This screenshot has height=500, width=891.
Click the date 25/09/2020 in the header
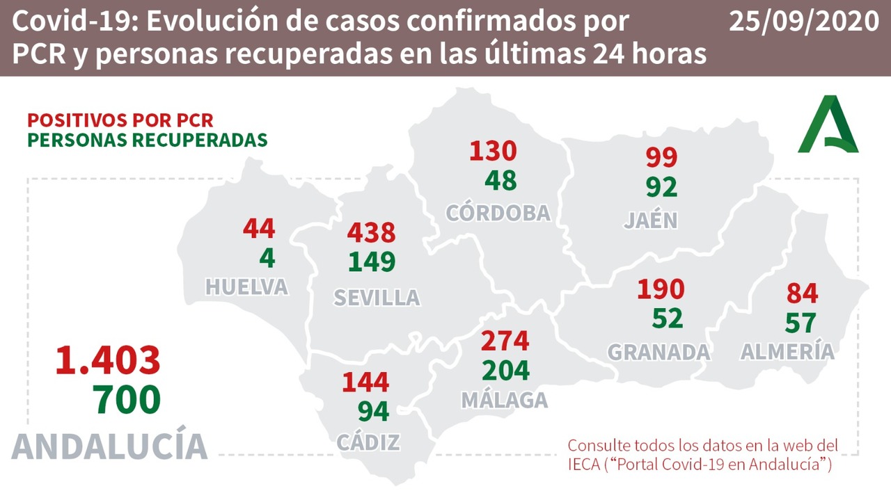click(x=804, y=22)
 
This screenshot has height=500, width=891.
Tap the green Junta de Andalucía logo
click(x=828, y=125)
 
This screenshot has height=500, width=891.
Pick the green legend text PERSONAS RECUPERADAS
click(x=147, y=139)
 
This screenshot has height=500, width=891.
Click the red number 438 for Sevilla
click(x=371, y=232)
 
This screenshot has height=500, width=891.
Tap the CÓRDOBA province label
click(x=498, y=213)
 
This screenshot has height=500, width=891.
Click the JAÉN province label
click(x=650, y=220)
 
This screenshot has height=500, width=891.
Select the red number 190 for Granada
click(x=661, y=289)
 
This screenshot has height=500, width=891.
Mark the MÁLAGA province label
click(x=504, y=400)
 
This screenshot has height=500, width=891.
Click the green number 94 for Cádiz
click(x=372, y=411)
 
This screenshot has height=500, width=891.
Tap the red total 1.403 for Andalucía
click(x=108, y=360)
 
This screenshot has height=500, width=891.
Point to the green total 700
click(x=127, y=400)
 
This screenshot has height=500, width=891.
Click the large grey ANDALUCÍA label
click(x=110, y=446)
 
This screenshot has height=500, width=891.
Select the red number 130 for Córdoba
click(x=493, y=151)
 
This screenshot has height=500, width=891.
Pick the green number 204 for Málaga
click(x=505, y=370)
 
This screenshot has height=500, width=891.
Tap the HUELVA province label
click(x=246, y=287)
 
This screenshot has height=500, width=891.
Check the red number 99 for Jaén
click(x=661, y=158)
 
